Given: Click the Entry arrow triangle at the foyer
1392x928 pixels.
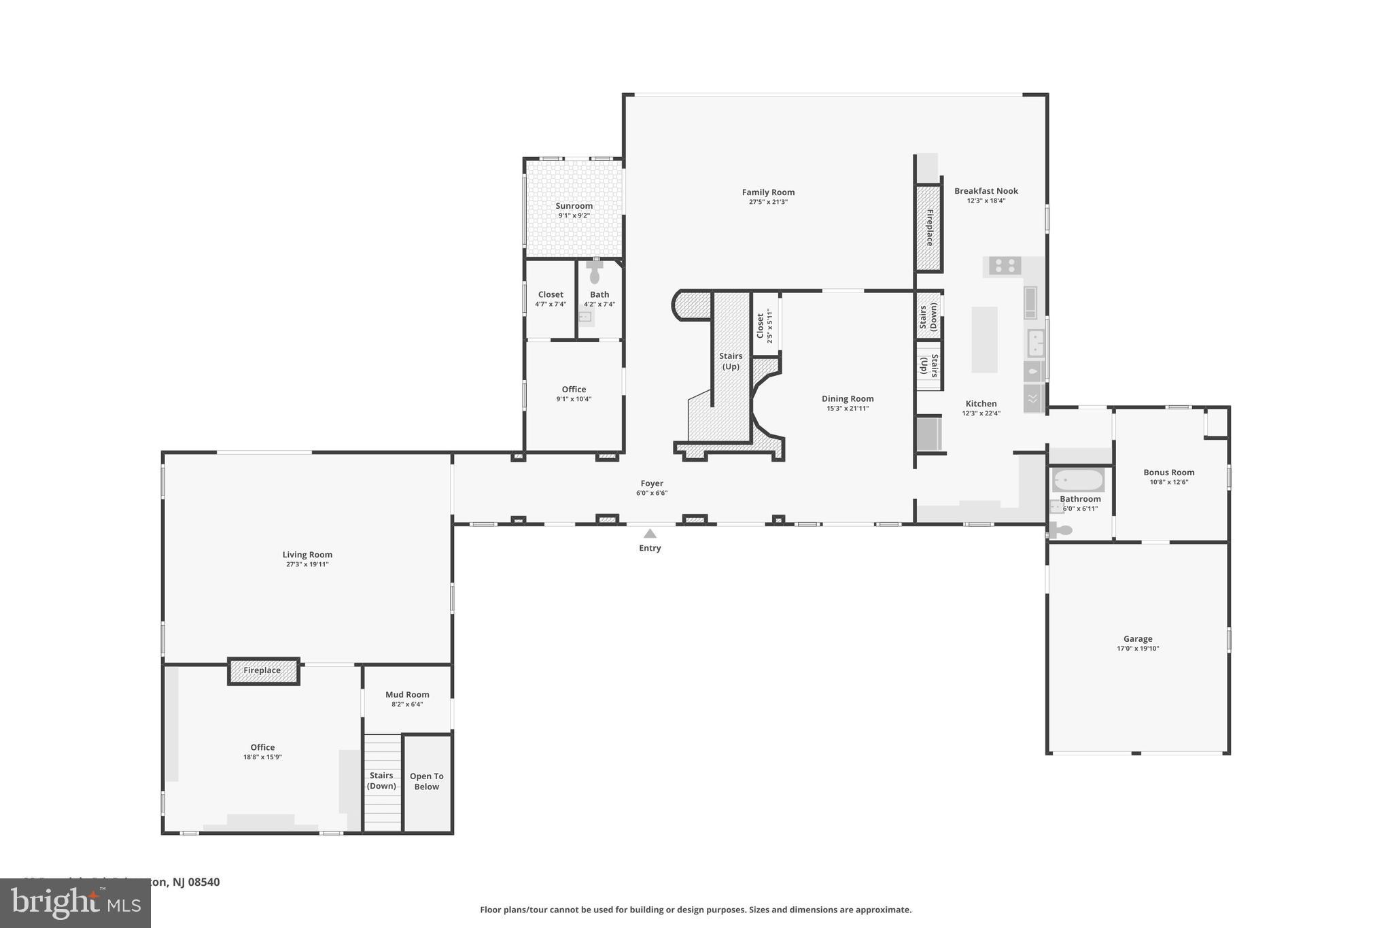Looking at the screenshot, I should [x=650, y=534].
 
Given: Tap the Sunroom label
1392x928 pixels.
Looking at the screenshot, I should [x=574, y=206].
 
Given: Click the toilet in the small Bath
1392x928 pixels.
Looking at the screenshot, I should [x=595, y=273].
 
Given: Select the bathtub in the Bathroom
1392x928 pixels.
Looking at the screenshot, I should [x=1077, y=481].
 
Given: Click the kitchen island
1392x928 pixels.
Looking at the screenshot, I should [x=984, y=339].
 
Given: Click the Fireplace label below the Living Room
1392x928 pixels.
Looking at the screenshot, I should [x=262, y=670].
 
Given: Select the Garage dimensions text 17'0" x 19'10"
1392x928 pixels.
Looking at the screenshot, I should [x=1137, y=649].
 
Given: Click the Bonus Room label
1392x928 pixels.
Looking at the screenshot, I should [x=1168, y=472].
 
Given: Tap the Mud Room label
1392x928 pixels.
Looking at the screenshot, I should [x=407, y=695].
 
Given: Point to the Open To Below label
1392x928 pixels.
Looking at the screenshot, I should [x=426, y=781].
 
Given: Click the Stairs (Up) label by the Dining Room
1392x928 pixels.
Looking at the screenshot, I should [x=731, y=361].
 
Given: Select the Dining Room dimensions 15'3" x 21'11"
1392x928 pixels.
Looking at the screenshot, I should [x=848, y=409].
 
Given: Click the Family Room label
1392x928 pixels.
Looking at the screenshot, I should [x=768, y=192].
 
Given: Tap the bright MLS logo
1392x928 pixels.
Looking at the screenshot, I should [x=75, y=903].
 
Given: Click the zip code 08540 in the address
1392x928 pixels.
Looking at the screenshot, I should [x=204, y=882].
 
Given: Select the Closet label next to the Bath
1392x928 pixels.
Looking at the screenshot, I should [x=550, y=294].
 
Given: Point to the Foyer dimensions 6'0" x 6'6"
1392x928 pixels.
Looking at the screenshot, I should [x=651, y=493].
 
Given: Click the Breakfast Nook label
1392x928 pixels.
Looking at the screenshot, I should [x=986, y=191].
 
